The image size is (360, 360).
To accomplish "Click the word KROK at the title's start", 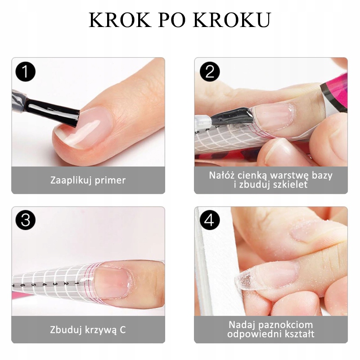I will click(x=113, y=20).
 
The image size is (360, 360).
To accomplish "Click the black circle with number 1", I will click(x=26, y=72).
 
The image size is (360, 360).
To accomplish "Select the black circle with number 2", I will click(x=209, y=72).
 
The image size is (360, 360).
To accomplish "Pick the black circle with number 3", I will click(x=26, y=221).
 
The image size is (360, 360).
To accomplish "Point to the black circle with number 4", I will click(x=209, y=221).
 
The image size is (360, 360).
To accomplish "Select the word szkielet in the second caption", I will click(x=290, y=185).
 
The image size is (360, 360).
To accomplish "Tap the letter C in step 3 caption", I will click(x=122, y=330).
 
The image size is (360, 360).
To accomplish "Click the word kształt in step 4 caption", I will click(x=299, y=334).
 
